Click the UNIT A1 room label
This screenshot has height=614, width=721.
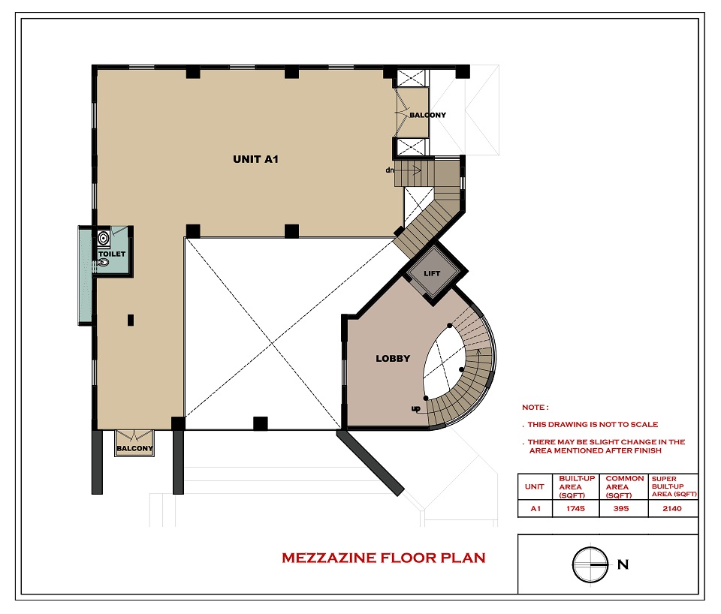click(255, 159)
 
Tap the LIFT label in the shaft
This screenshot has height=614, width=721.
click(432, 273)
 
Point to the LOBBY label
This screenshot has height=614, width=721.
click(393, 359)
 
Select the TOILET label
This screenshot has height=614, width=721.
click(112, 254)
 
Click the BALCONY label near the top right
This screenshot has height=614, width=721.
click(427, 115)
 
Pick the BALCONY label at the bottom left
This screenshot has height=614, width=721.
click(134, 448)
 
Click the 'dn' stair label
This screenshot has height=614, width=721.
click(390, 170)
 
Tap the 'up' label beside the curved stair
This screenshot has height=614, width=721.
click(415, 408)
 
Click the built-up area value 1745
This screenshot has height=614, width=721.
click(575, 508)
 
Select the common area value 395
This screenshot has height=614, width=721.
click(621, 508)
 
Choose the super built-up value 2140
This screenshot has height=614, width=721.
click(671, 508)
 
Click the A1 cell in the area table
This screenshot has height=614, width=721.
click(535, 508)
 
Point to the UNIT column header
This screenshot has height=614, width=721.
click(534, 486)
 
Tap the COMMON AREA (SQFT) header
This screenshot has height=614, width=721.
click(624, 486)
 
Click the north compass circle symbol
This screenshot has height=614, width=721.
click(590, 564)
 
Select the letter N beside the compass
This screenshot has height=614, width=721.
click(623, 564)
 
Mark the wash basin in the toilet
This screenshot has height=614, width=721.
click(104, 238)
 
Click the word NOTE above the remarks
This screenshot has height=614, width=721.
click(533, 407)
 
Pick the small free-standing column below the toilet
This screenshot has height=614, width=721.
click(131, 320)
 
